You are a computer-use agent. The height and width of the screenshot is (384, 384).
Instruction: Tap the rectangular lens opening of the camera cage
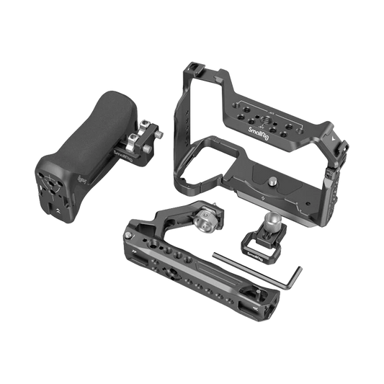point(196,156)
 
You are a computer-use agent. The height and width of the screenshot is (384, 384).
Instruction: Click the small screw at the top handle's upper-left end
point(130,233)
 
